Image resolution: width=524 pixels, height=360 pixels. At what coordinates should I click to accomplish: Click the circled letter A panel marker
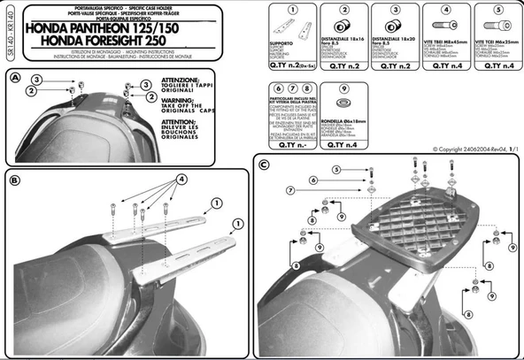pos(15,79)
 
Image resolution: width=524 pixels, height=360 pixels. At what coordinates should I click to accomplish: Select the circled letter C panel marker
pos(264,165)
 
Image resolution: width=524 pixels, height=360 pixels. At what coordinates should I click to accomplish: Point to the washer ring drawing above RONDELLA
pos(335,94)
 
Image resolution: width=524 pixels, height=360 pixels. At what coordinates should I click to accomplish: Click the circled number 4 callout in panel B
pos(181,179)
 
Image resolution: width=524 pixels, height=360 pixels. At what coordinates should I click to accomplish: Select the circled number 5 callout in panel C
pos(336,169)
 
